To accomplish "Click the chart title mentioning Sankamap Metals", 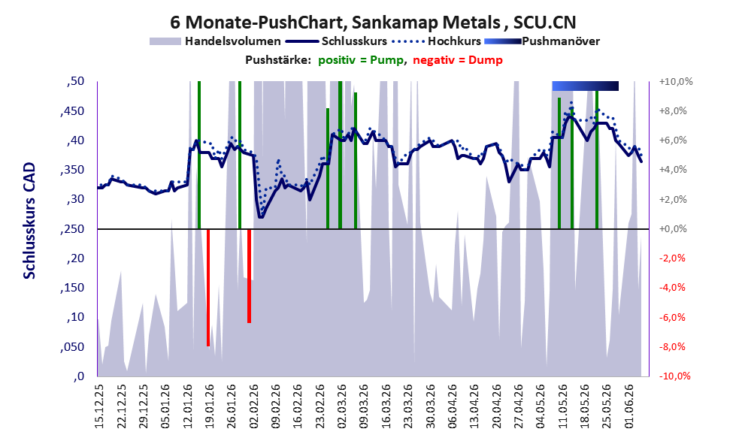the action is pos(373,22).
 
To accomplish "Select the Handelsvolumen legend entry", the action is pos(215,41).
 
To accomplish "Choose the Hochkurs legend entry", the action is pos(436,41).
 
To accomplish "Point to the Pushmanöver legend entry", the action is pos(542,41).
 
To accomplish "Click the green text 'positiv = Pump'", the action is pos(361,60).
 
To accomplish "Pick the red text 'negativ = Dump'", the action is pos(458,60).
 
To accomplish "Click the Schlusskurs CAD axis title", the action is pos(29,221).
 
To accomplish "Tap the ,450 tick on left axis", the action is pos(73,111).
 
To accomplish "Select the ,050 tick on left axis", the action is pos(73,347).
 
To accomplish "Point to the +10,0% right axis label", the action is pos(676,82).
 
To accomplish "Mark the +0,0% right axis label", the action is pos(673,229).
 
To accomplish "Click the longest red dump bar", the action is pos(208,288).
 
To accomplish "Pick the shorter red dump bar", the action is pos(249,276).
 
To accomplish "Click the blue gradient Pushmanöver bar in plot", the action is pos(586,86).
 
